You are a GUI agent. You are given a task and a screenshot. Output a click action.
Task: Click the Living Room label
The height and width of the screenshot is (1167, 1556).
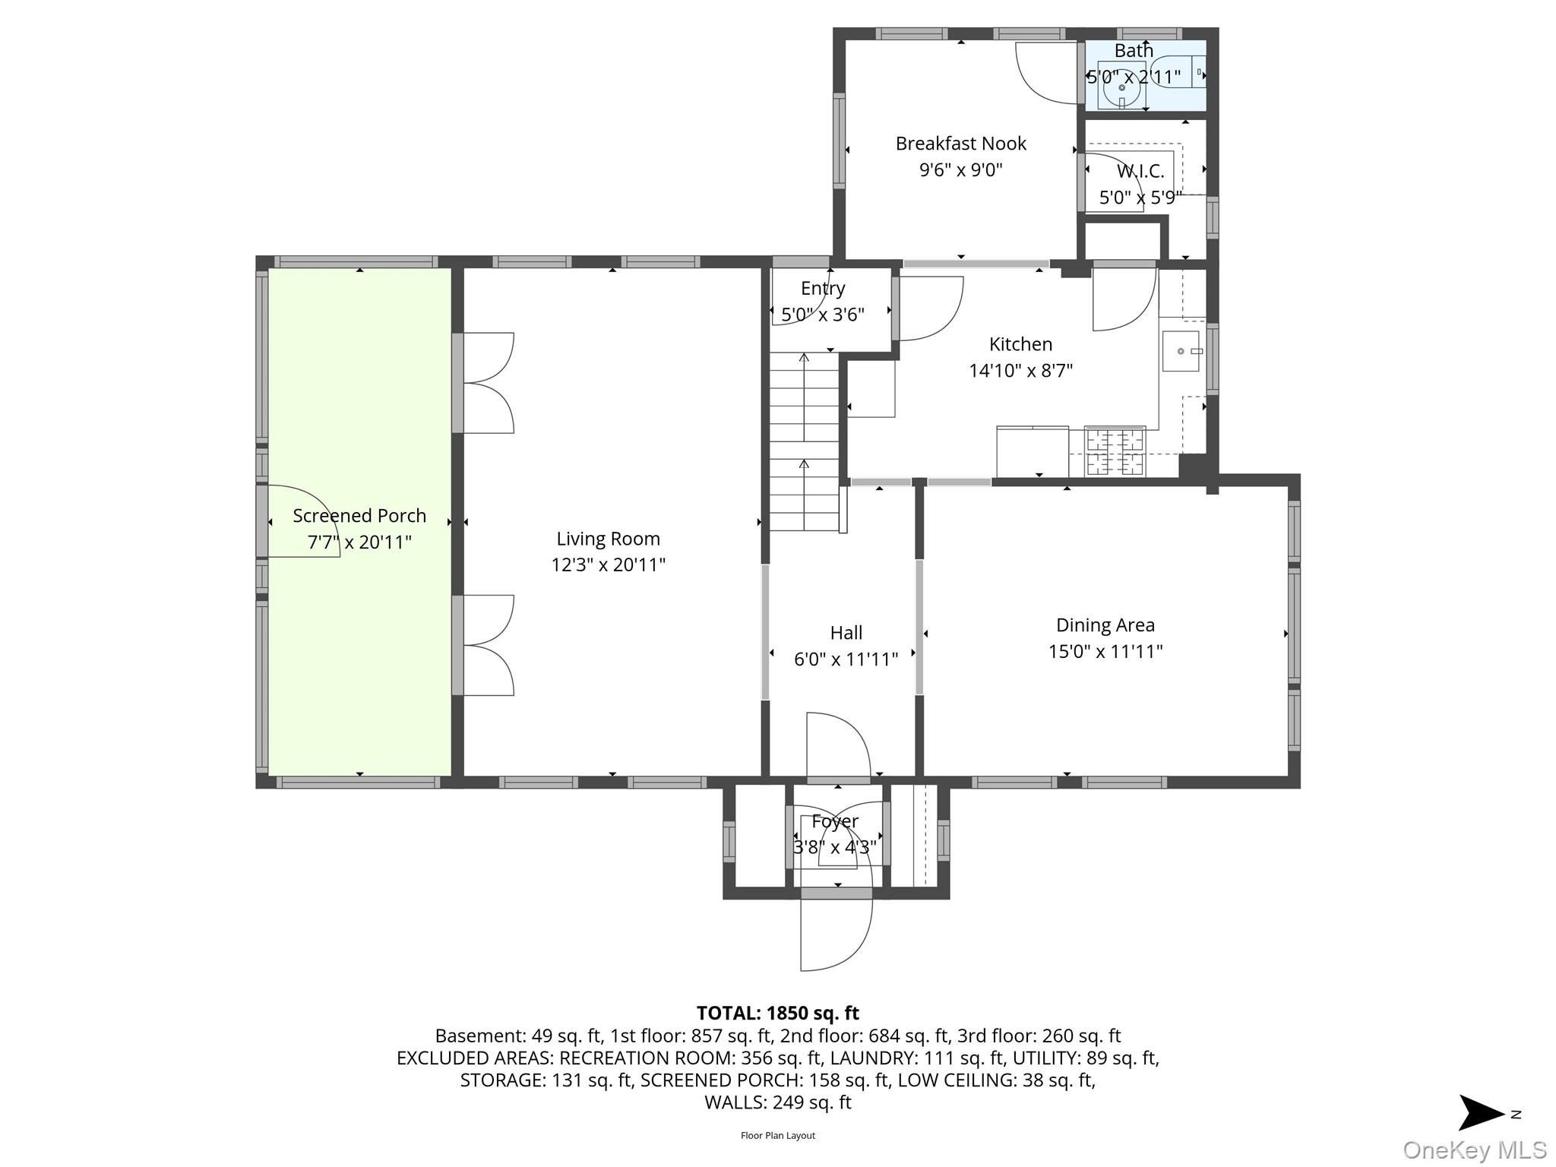coord(608,539)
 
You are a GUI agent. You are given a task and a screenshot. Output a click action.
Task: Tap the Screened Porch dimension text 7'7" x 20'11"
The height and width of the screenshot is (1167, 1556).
coord(359,542)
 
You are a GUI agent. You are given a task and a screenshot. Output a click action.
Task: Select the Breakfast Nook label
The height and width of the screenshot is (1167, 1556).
coord(960,144)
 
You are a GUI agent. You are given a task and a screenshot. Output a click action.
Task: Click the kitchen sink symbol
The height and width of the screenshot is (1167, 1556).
coord(1181,351)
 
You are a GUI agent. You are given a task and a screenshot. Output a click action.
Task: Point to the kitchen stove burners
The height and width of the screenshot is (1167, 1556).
coord(1115,451)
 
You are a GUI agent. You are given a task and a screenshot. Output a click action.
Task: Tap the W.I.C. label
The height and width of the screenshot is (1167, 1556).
coord(1140,172)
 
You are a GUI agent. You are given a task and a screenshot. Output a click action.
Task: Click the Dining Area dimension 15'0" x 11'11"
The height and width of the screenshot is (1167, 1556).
coord(1105,651)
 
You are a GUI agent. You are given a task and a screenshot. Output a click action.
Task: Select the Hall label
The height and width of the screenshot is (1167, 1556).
coord(846,633)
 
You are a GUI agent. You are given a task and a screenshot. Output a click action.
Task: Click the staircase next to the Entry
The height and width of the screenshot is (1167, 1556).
coord(804,441)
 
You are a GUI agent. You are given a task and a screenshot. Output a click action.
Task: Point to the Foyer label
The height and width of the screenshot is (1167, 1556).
coord(834,821)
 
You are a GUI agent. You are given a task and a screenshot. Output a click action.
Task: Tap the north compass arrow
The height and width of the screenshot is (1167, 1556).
coord(1482,1113)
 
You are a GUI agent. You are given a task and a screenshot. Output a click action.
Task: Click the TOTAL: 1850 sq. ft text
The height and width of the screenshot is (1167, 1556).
coord(777,1013)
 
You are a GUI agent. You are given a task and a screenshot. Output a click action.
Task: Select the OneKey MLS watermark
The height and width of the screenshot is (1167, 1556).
coord(1474,1150)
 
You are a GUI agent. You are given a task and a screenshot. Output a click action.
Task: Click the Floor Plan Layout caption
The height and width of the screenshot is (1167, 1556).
coord(777,1136)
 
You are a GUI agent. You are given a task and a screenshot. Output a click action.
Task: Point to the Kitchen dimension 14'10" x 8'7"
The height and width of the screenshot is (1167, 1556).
coord(1020,371)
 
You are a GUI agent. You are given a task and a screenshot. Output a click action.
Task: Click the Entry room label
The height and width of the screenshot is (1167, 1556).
coord(823,289)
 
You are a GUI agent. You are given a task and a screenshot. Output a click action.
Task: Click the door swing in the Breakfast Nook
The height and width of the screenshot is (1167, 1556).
coord(1045,72)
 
